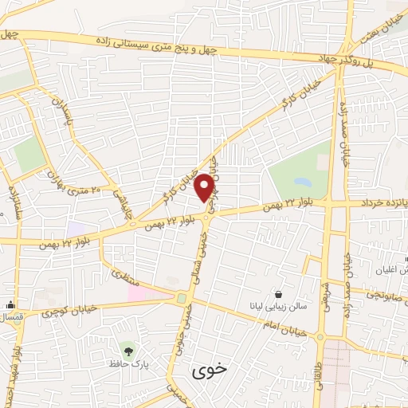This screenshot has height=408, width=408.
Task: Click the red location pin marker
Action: click(205, 187)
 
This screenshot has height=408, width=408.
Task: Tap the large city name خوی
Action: click(210, 371)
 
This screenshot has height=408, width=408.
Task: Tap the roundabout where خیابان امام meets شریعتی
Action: click(320, 337)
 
